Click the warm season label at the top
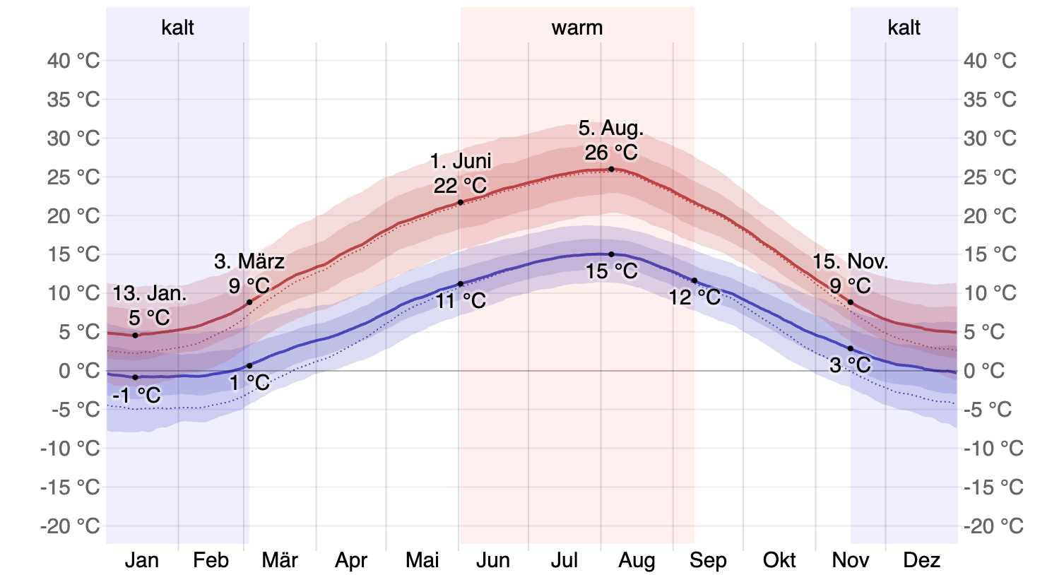click(577, 28)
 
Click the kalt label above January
click(177, 28)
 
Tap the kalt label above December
click(904, 28)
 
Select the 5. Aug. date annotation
click(610, 129)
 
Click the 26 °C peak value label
click(610, 153)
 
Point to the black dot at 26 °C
click(611, 170)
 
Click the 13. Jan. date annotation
click(150, 294)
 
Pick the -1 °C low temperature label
click(136, 396)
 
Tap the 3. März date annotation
click(249, 262)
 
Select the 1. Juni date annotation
click(461, 162)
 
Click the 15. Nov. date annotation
click(850, 262)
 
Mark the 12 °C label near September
click(695, 298)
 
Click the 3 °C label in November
click(850, 366)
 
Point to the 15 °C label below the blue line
click(611, 271)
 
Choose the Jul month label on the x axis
click(564, 561)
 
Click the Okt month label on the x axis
click(779, 561)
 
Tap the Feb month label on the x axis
click(211, 561)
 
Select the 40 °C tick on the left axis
click(73, 61)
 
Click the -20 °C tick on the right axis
click(993, 526)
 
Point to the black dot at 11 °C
click(461, 284)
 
